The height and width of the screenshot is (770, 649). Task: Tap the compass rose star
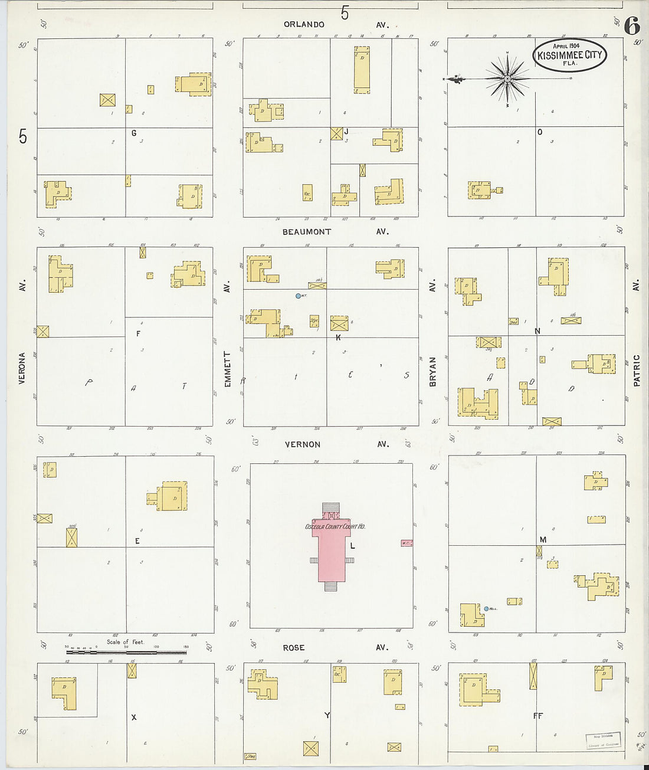tap(507, 78)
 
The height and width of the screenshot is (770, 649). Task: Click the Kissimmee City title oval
tap(569, 55)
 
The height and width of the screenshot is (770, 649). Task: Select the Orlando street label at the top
tap(304, 25)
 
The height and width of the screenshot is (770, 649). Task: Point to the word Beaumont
tap(306, 232)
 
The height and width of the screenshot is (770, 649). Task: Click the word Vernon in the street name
tap(303, 444)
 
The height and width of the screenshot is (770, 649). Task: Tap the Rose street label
tap(293, 648)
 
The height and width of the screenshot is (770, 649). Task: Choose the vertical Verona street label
tap(22, 368)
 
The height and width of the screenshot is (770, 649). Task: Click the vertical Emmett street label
tap(227, 369)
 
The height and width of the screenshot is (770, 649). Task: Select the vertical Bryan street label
tap(432, 372)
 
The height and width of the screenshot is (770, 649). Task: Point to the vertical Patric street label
tap(637, 371)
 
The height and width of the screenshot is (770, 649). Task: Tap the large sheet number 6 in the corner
tap(631, 25)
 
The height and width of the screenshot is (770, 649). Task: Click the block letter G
tap(134, 133)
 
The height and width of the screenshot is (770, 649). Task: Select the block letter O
tap(539, 132)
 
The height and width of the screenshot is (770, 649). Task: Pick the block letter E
tap(137, 541)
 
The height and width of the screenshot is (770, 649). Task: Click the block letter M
tap(543, 540)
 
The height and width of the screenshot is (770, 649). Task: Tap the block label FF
tap(537, 716)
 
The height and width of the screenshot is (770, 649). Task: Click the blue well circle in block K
tap(298, 296)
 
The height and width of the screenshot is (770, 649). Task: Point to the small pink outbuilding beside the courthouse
tap(406, 543)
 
